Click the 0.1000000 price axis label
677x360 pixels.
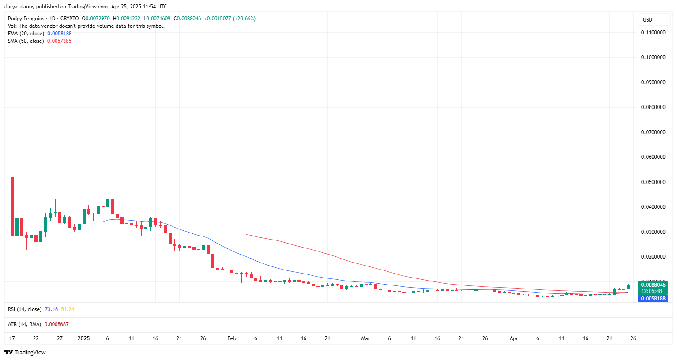[x=653, y=57]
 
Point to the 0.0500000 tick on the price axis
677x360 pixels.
[x=653, y=182]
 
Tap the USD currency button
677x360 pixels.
[x=647, y=20]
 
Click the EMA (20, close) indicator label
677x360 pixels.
[x=26, y=34]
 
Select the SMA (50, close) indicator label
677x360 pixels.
[x=26, y=41]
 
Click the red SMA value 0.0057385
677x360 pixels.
[x=59, y=41]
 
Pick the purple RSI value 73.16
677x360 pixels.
[x=51, y=309]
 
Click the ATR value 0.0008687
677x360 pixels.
[x=56, y=324]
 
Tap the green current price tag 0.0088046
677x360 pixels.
[x=653, y=285]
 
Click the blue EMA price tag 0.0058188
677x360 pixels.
[x=653, y=299]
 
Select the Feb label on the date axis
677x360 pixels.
[x=232, y=338]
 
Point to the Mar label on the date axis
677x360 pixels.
[x=365, y=338]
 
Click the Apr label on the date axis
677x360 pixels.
[x=514, y=338]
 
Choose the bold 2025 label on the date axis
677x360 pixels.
[x=83, y=338]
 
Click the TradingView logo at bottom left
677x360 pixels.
[x=25, y=352]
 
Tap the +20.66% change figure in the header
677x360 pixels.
[x=244, y=19]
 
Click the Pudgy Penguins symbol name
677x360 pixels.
[x=26, y=19]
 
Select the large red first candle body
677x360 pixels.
[x=12, y=206]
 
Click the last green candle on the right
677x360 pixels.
[x=628, y=287]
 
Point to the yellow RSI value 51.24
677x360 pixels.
[x=68, y=309]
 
